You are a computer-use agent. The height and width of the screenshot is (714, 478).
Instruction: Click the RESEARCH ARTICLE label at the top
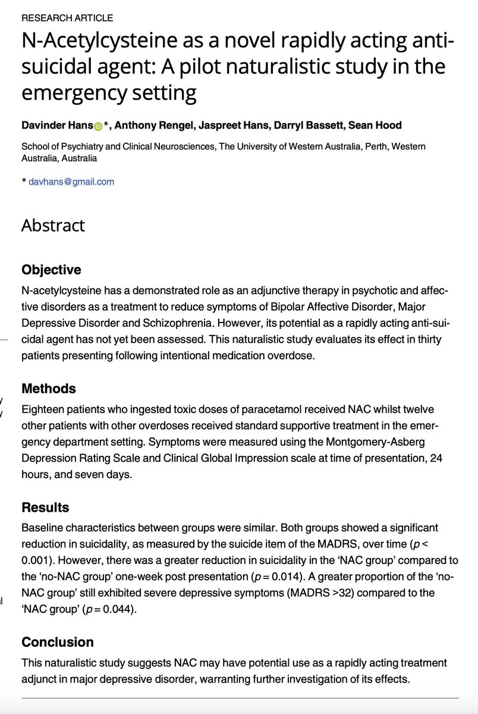[67, 18]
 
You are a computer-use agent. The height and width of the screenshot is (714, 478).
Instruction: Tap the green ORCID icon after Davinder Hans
[99, 126]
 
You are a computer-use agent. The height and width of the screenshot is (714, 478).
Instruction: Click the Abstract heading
[53, 226]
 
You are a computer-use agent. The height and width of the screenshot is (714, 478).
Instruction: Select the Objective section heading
[51, 270]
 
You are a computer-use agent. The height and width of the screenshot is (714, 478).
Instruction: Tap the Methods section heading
[49, 389]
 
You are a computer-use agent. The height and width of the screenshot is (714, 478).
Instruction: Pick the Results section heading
[45, 508]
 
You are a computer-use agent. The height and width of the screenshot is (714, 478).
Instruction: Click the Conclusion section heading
[58, 642]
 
